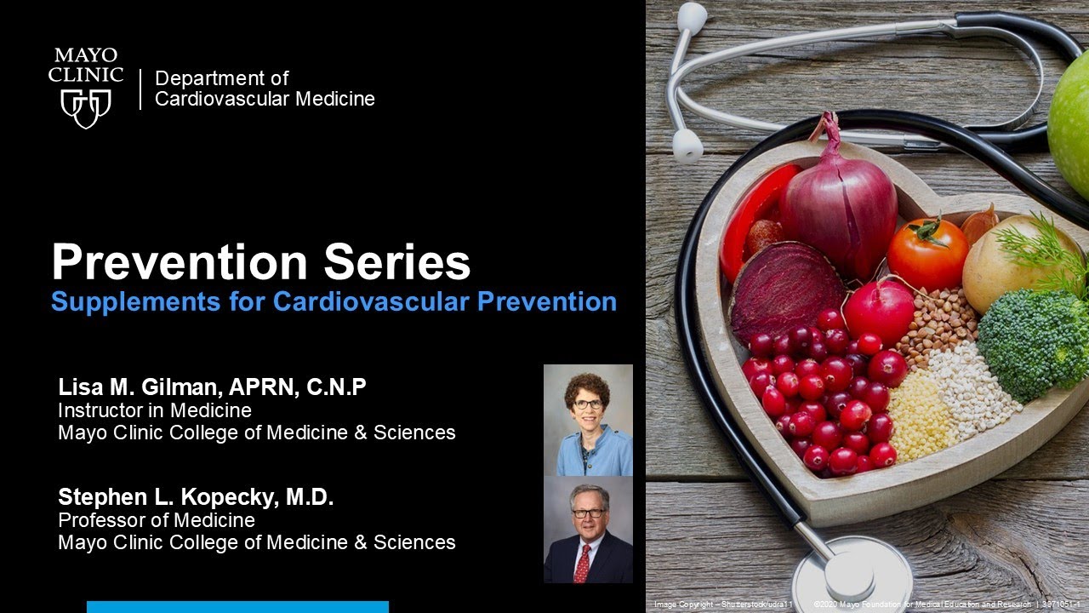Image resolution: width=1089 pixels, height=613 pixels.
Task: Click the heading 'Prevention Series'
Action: coord(260,262)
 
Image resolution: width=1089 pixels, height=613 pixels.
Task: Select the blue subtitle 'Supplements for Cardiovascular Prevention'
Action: coord(334,302)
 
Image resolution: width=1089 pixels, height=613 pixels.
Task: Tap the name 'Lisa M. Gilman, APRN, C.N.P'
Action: coord(212,387)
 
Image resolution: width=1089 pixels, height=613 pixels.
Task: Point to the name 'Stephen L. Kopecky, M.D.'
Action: coord(196,497)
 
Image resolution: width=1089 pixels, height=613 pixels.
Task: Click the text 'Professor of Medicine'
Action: coord(157,519)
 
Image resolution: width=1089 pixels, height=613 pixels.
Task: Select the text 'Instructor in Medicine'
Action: coord(155,410)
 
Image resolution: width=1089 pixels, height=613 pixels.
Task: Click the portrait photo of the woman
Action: coord(588,420)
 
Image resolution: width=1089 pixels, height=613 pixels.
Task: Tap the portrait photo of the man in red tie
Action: coord(588,529)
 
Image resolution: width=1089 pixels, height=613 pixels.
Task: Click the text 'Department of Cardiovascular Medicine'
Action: coord(265,89)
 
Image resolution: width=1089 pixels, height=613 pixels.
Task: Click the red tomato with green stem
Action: coord(927,253)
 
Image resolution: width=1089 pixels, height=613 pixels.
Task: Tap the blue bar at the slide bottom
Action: coord(237,607)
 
